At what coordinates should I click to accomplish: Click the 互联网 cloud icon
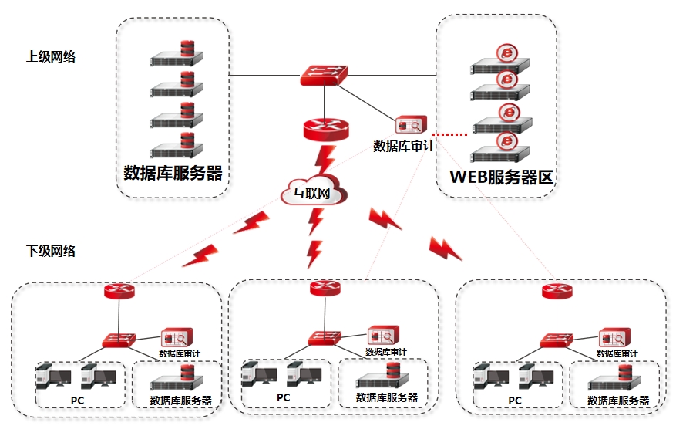click(311, 194)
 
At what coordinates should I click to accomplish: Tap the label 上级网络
click(51, 56)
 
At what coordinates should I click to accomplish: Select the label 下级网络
click(51, 251)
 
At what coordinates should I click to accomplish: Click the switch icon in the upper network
click(325, 74)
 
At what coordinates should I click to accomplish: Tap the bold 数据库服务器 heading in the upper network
click(173, 173)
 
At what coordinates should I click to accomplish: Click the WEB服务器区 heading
click(502, 177)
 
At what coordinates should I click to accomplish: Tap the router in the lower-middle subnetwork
click(324, 289)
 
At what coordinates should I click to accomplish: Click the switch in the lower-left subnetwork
click(119, 339)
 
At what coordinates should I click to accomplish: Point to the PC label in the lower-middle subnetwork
click(284, 397)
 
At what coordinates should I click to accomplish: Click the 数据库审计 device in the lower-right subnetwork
click(615, 337)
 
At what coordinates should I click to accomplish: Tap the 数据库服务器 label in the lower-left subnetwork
click(180, 401)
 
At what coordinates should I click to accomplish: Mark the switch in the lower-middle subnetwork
click(325, 337)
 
